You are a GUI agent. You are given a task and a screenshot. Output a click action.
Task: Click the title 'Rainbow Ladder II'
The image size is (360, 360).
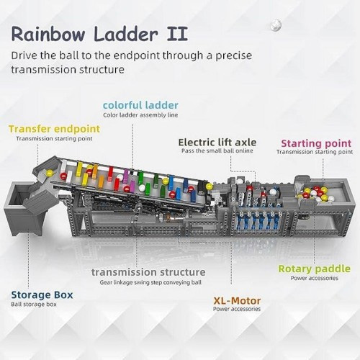[99, 35]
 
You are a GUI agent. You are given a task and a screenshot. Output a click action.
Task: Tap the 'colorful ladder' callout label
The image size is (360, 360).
[140, 105]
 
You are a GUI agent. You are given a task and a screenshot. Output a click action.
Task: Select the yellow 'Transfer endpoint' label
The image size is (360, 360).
[54, 129]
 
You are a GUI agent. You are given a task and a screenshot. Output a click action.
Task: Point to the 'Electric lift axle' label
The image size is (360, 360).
[217, 143]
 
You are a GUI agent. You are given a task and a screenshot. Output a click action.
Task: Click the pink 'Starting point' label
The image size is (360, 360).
[316, 143]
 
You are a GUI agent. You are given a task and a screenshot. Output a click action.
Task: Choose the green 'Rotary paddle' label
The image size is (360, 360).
[314, 269]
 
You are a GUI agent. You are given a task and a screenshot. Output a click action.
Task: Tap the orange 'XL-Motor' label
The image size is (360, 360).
[237, 301]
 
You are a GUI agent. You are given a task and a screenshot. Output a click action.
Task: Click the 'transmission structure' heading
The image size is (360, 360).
[148, 272]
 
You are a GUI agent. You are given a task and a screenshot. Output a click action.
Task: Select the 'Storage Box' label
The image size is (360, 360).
[42, 294]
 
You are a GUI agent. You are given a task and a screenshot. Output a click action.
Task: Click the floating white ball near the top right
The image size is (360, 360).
[276, 25]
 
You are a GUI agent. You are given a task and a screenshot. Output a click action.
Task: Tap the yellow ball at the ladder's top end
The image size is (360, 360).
[50, 173]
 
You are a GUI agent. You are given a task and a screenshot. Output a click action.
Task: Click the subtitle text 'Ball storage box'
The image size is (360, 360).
[34, 305]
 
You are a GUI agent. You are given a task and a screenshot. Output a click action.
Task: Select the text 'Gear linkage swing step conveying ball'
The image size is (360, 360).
[150, 282]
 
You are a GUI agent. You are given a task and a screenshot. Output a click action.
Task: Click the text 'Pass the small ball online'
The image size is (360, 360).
[217, 150]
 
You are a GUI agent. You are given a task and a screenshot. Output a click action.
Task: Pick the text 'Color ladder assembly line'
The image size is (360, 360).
[140, 115]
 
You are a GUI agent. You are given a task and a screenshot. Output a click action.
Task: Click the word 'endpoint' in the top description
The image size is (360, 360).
[137, 55]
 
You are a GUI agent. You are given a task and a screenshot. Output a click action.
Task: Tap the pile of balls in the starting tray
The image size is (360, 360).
[315, 193]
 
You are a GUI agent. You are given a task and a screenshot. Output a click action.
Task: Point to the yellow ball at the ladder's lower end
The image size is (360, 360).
[209, 186]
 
